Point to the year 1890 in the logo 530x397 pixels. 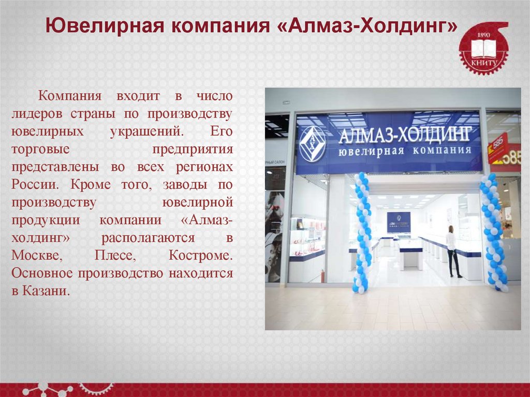click(483, 34)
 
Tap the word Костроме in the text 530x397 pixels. click(200, 256)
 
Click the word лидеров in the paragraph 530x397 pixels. click(38, 114)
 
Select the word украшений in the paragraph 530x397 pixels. click(146, 131)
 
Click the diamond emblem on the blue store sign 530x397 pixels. click(313, 143)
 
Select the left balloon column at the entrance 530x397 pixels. click(362, 233)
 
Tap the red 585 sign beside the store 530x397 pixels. click(498, 148)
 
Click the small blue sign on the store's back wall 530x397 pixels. click(399, 221)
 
